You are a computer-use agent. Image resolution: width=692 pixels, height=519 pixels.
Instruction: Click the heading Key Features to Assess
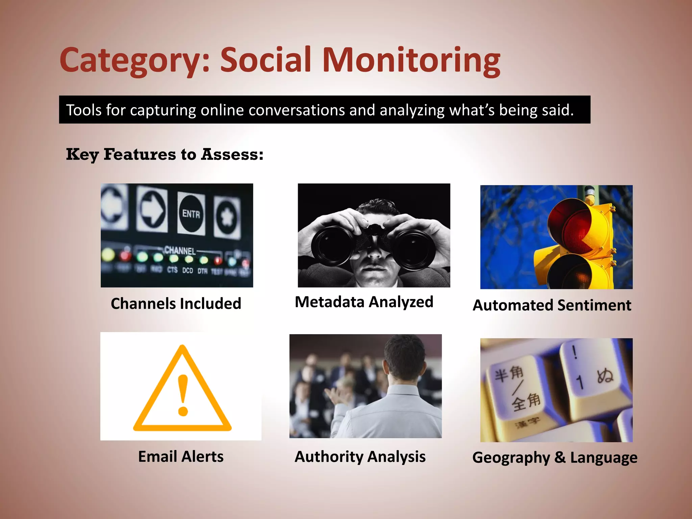(x=165, y=155)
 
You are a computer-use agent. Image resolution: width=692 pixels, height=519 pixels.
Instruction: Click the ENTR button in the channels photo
(x=191, y=214)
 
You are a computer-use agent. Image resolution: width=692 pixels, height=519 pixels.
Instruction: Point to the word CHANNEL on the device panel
(x=180, y=250)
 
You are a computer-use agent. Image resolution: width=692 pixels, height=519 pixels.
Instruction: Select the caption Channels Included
(x=176, y=303)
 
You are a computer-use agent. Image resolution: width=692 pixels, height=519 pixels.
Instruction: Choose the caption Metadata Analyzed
(x=364, y=302)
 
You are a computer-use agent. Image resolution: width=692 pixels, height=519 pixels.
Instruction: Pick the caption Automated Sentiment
(x=552, y=305)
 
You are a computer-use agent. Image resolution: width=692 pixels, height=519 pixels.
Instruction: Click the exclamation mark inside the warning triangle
(x=183, y=395)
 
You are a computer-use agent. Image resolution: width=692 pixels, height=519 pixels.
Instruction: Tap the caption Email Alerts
(x=181, y=456)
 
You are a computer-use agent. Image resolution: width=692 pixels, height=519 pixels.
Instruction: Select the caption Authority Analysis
(x=360, y=456)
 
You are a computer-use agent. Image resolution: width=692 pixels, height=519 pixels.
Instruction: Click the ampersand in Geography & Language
(x=560, y=457)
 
